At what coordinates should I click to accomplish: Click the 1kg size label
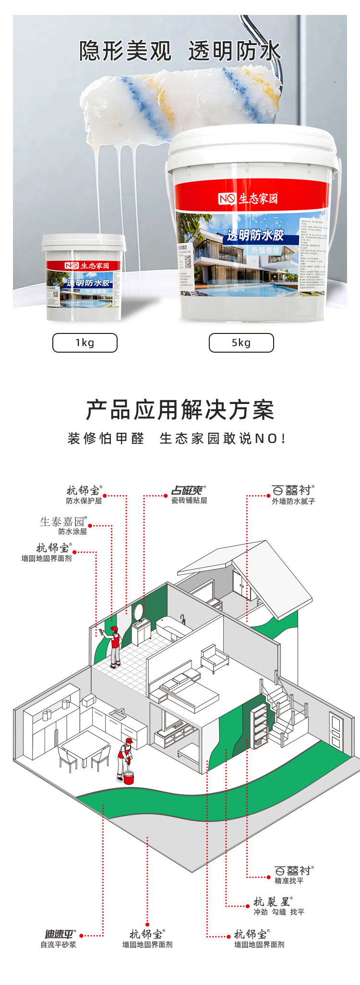84,343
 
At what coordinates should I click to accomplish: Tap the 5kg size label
241,343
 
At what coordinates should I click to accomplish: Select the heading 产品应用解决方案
180,410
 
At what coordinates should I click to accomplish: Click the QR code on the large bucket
188,261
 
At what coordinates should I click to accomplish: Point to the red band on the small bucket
84,265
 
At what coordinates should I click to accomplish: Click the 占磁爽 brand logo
188,490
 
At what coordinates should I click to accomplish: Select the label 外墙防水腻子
293,501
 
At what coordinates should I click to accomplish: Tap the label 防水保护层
84,501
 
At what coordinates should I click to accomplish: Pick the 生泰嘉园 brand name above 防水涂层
62,522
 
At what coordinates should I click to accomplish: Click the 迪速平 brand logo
59,934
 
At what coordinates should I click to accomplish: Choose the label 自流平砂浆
59,945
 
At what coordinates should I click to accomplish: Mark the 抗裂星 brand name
272,902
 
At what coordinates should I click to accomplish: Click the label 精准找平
289,881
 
